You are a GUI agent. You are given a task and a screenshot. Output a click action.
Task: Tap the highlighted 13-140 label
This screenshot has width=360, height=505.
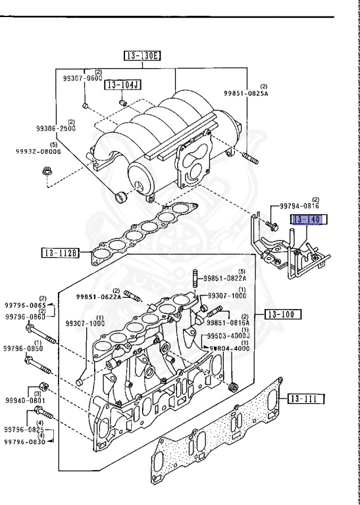pyautogui.click(x=305, y=220)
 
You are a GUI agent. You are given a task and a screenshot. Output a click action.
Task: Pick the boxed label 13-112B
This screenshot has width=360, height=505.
pyautogui.click(x=61, y=252)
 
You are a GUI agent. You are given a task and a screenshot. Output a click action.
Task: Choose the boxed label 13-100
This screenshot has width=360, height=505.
pyautogui.click(x=283, y=314)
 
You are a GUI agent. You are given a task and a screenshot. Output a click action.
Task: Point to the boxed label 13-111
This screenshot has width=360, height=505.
pyautogui.click(x=306, y=398)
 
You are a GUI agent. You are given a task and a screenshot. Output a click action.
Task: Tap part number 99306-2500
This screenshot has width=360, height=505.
pyautogui.click(x=57, y=128)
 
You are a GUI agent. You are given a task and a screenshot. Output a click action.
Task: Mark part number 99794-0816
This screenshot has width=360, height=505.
pyautogui.click(x=298, y=206)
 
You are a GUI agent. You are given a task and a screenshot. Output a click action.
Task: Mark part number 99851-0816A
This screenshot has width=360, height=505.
pyautogui.click(x=228, y=322)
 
